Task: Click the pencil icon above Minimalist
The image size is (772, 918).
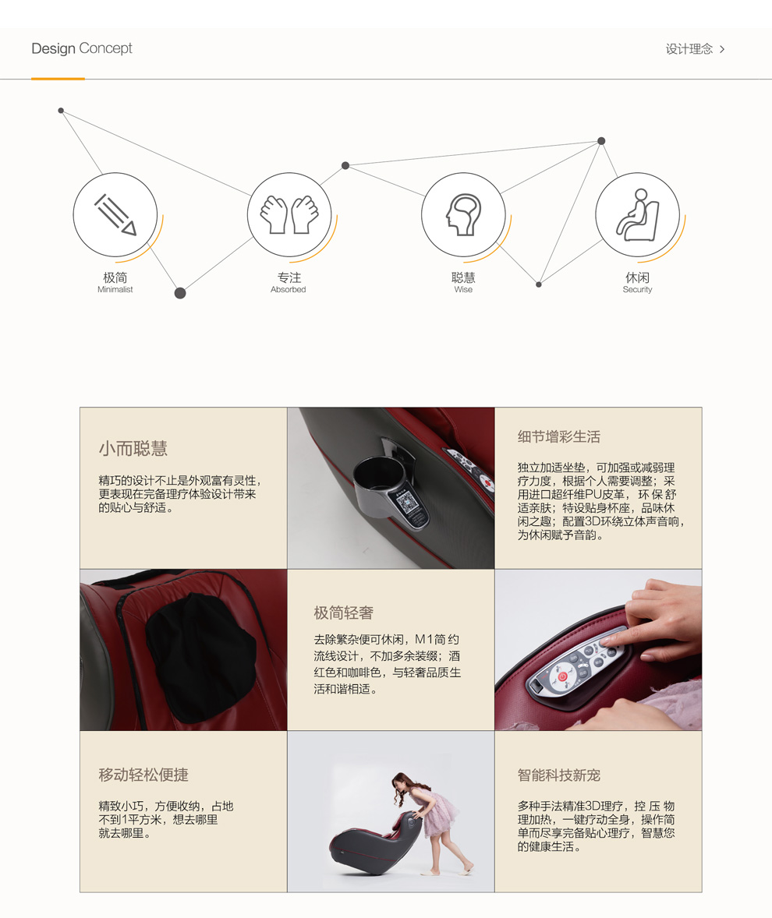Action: tap(115, 215)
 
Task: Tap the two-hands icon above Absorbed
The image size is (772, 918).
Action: tap(289, 215)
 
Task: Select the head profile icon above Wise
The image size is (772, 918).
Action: tap(463, 215)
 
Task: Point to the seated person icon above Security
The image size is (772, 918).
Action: tap(637, 215)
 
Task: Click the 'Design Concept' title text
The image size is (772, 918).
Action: tap(82, 48)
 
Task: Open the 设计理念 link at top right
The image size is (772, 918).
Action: tap(696, 49)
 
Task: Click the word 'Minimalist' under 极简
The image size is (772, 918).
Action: tap(115, 289)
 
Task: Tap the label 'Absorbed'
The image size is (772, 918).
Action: tap(289, 289)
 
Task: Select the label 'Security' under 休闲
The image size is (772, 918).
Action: tap(637, 289)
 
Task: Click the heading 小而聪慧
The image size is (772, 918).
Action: tap(133, 448)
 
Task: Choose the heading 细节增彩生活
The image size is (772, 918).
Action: tap(559, 436)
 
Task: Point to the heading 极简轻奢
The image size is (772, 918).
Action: tap(343, 613)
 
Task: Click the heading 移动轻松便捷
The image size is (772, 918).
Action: tap(143, 775)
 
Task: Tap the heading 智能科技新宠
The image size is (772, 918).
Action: tap(559, 775)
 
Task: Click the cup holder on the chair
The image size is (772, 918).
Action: tap(388, 489)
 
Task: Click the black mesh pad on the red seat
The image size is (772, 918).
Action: tap(201, 658)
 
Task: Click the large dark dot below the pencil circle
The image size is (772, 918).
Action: tap(180, 293)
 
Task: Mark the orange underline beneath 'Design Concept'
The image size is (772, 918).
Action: tap(58, 79)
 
